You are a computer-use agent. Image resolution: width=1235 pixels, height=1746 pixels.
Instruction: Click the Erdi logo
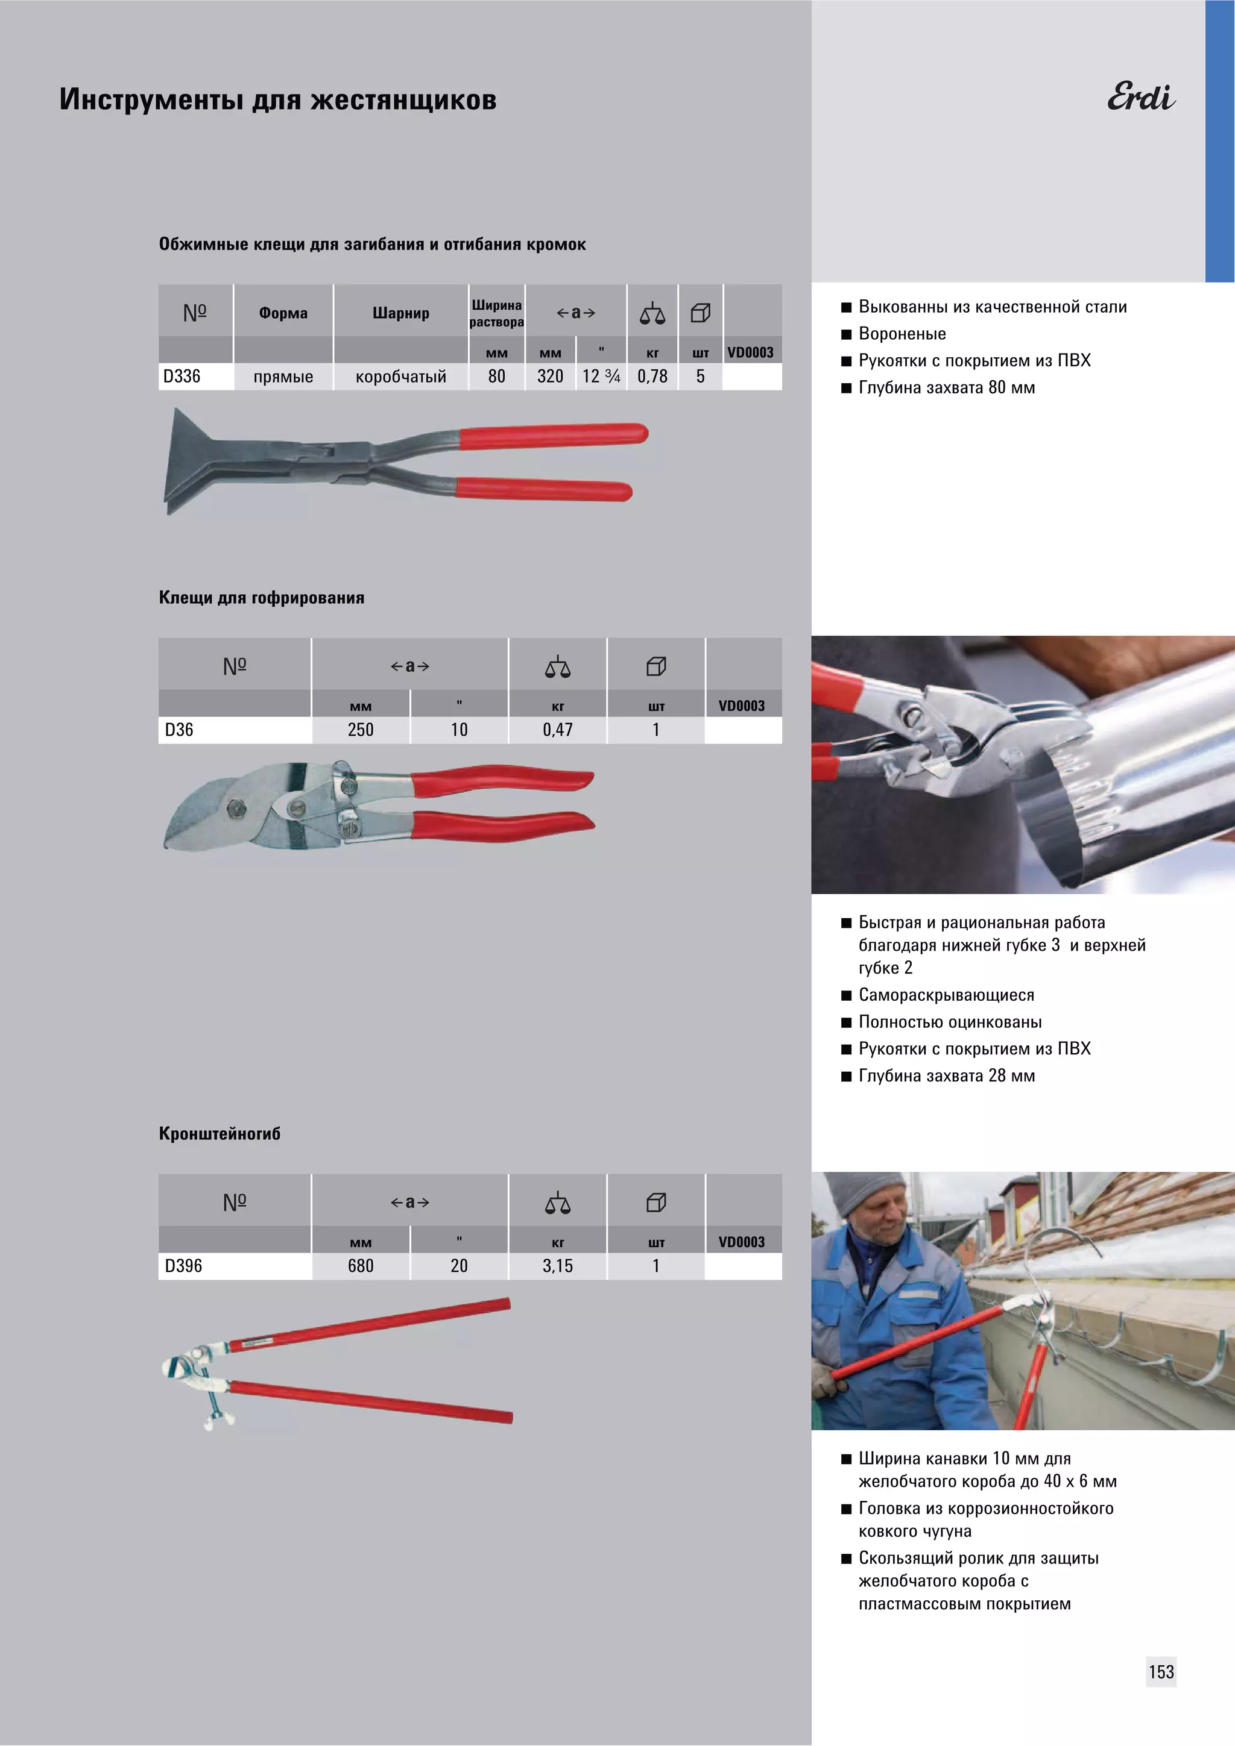[1141, 96]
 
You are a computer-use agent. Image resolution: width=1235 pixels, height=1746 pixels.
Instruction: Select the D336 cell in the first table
[182, 377]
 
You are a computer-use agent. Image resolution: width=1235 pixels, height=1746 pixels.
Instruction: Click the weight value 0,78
[652, 377]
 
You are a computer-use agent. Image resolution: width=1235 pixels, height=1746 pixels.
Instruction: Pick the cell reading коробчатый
[401, 377]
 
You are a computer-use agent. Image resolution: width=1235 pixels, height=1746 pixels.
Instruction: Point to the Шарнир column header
[401, 313]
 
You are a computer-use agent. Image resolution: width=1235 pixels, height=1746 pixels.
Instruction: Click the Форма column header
[283, 313]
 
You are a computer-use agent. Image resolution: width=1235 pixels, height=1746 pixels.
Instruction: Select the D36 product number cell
[179, 730]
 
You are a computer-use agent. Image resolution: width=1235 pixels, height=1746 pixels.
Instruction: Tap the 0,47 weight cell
[558, 730]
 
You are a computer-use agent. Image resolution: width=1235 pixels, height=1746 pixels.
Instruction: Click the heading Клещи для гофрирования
[262, 598]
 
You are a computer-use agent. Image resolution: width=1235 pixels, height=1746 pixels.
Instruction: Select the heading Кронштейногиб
[220, 1134]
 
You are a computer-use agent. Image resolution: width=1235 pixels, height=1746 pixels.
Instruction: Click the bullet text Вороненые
[903, 334]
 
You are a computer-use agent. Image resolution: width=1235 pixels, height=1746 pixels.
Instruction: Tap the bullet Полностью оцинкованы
[950, 1022]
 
